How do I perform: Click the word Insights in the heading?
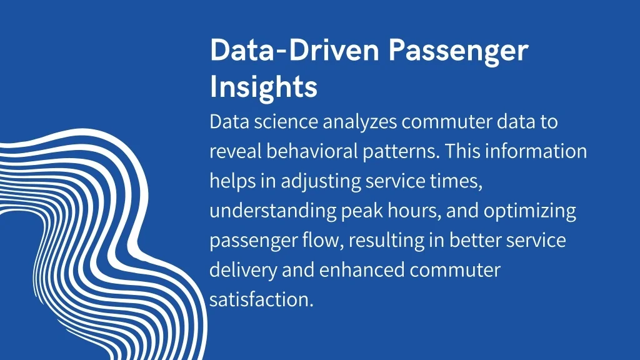pyautogui.click(x=263, y=86)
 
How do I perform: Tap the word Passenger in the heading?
pyautogui.click(x=458, y=51)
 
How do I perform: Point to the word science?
pyautogui.click(x=286, y=122)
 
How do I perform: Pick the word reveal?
pyautogui.click(x=235, y=151)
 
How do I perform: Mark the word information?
pyautogui.click(x=536, y=151)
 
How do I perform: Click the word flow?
pyautogui.click(x=321, y=240)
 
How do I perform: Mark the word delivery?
pyautogui.click(x=243, y=271)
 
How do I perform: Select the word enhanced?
pyautogui.click(x=362, y=270)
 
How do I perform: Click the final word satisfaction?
pyautogui.click(x=261, y=300)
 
